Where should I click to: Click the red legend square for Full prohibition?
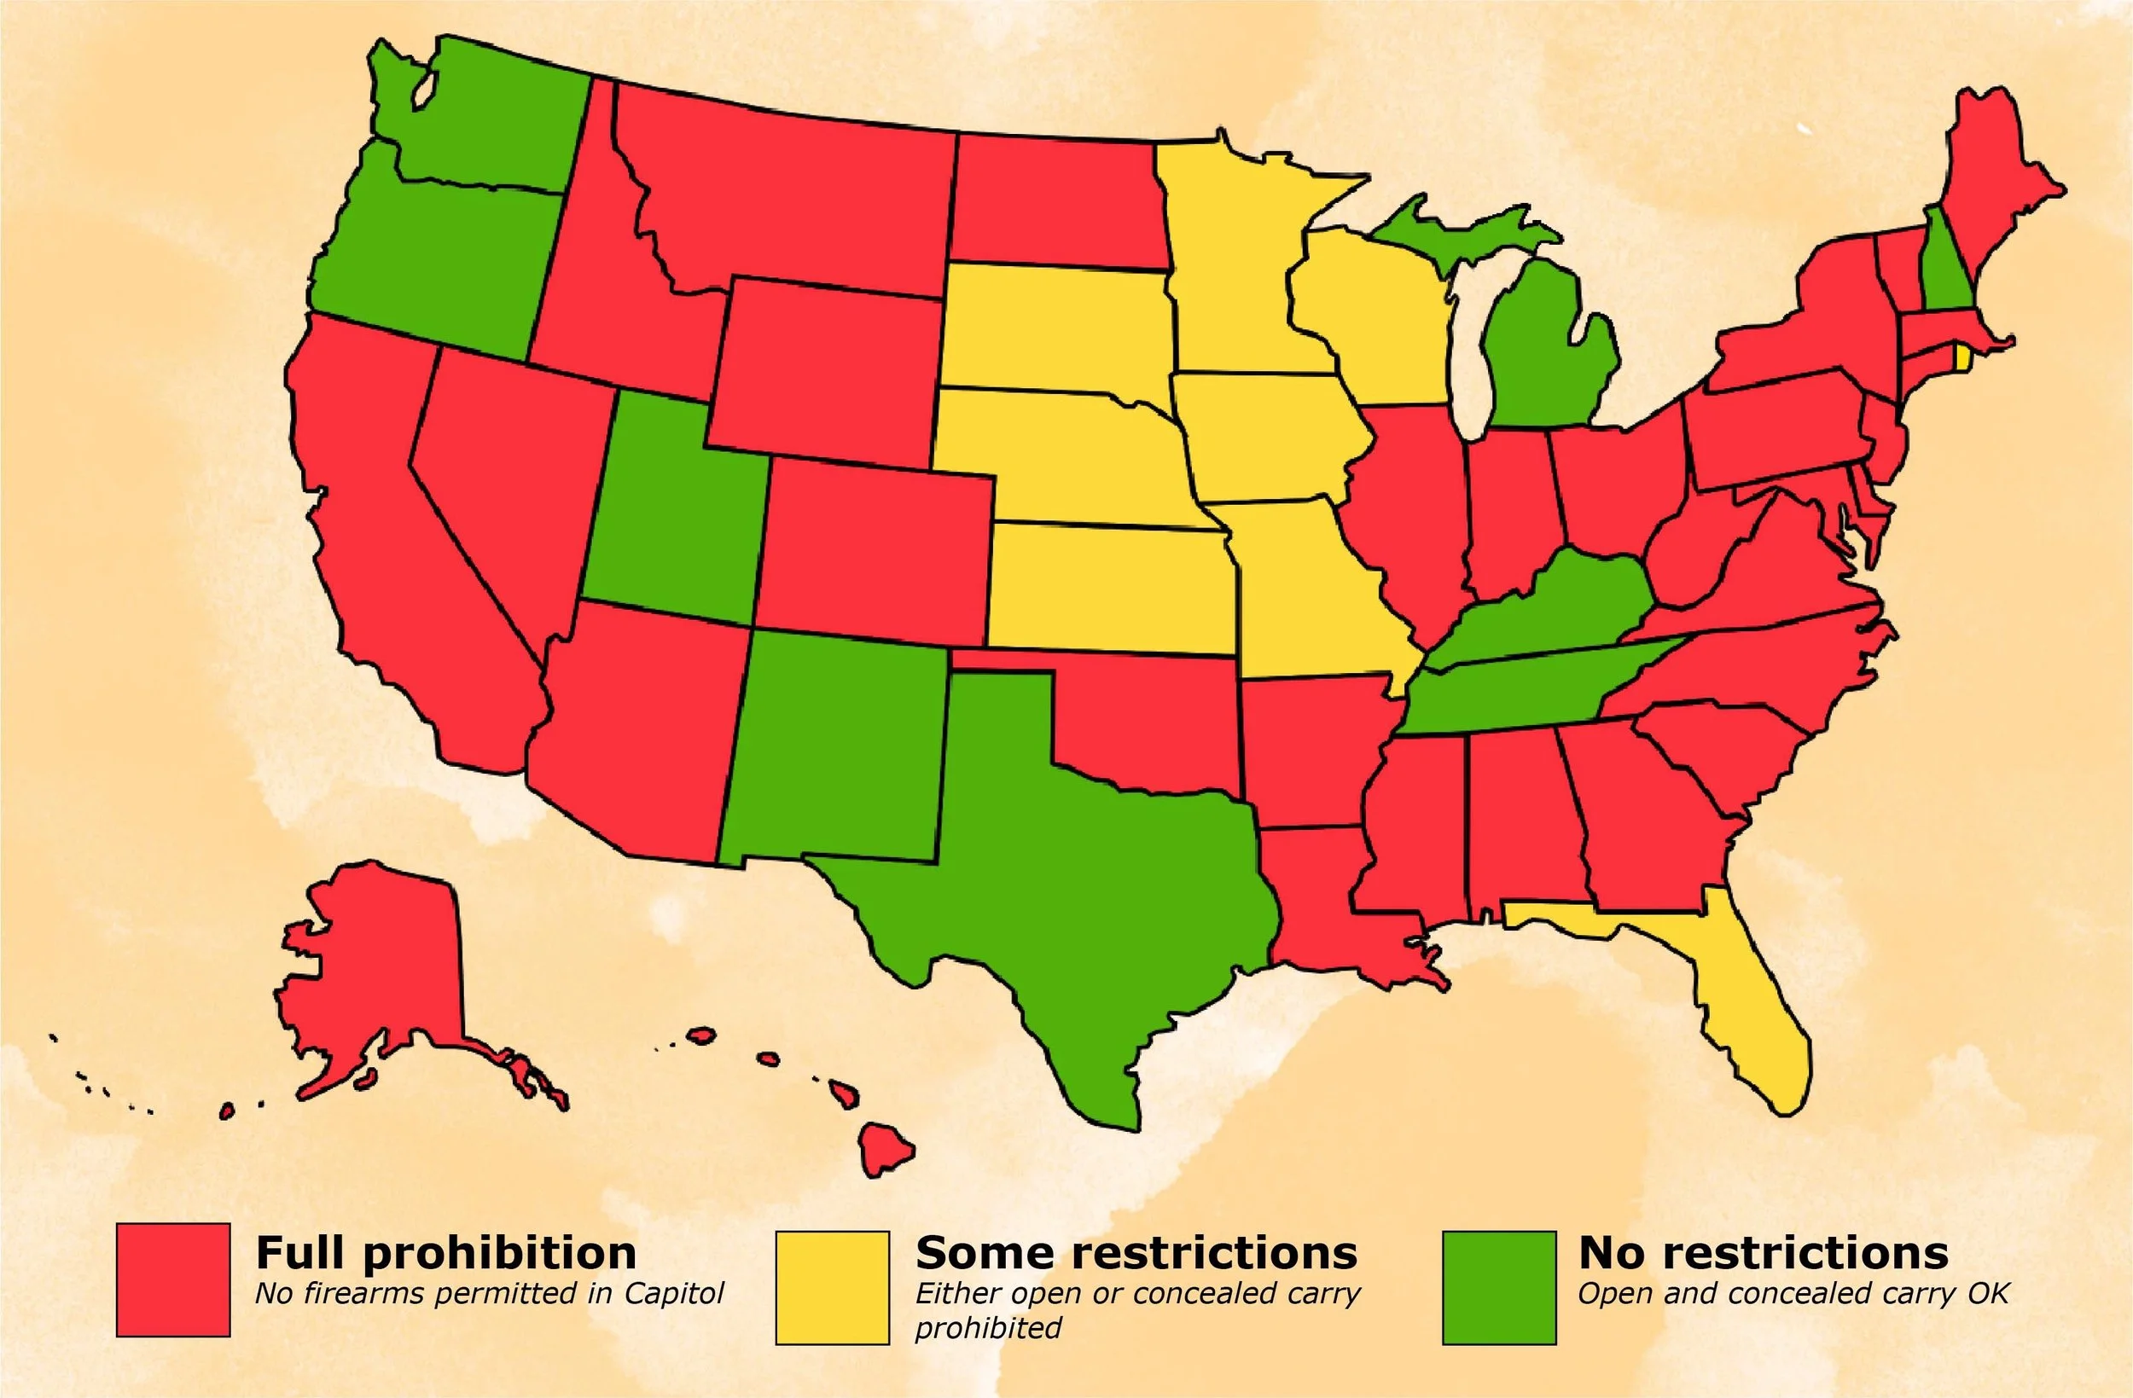click(173, 1279)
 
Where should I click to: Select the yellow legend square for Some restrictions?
click(833, 1288)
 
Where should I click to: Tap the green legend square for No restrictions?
click(1499, 1288)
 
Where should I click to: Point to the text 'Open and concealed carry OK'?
click(1793, 1293)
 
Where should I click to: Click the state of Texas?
click(1076, 879)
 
